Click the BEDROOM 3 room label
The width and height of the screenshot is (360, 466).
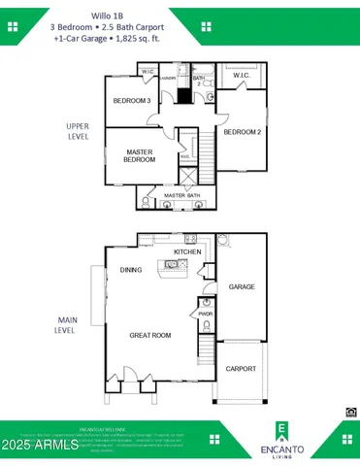pyautogui.click(x=131, y=101)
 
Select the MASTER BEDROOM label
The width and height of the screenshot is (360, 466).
pyautogui.click(x=140, y=156)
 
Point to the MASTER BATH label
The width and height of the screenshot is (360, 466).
pyautogui.click(x=180, y=196)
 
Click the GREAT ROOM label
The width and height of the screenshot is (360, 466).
pyautogui.click(x=149, y=335)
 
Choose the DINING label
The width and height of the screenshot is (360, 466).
pyautogui.click(x=131, y=270)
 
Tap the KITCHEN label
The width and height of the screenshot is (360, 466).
pyautogui.click(x=187, y=252)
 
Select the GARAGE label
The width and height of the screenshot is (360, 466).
pyautogui.click(x=241, y=287)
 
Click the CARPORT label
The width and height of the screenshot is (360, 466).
pyautogui.click(x=241, y=369)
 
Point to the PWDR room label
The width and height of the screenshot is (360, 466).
pyautogui.click(x=205, y=314)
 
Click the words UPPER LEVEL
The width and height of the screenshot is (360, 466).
pyautogui.click(x=78, y=131)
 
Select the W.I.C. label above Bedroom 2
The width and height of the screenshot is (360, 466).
pyautogui.click(x=239, y=75)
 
